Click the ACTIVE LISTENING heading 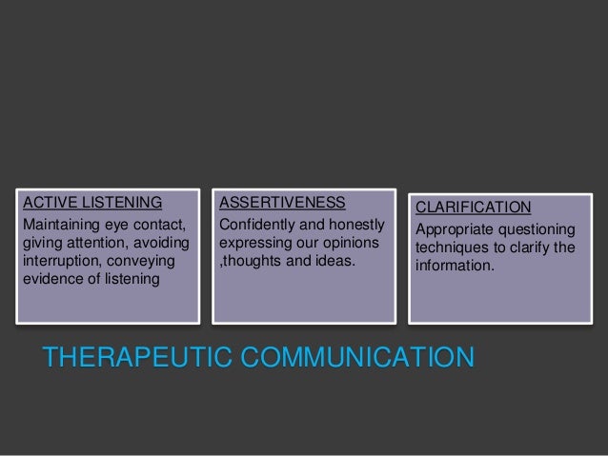tap(92, 202)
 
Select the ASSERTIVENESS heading tap(282, 202)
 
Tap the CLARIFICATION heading tap(474, 207)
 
